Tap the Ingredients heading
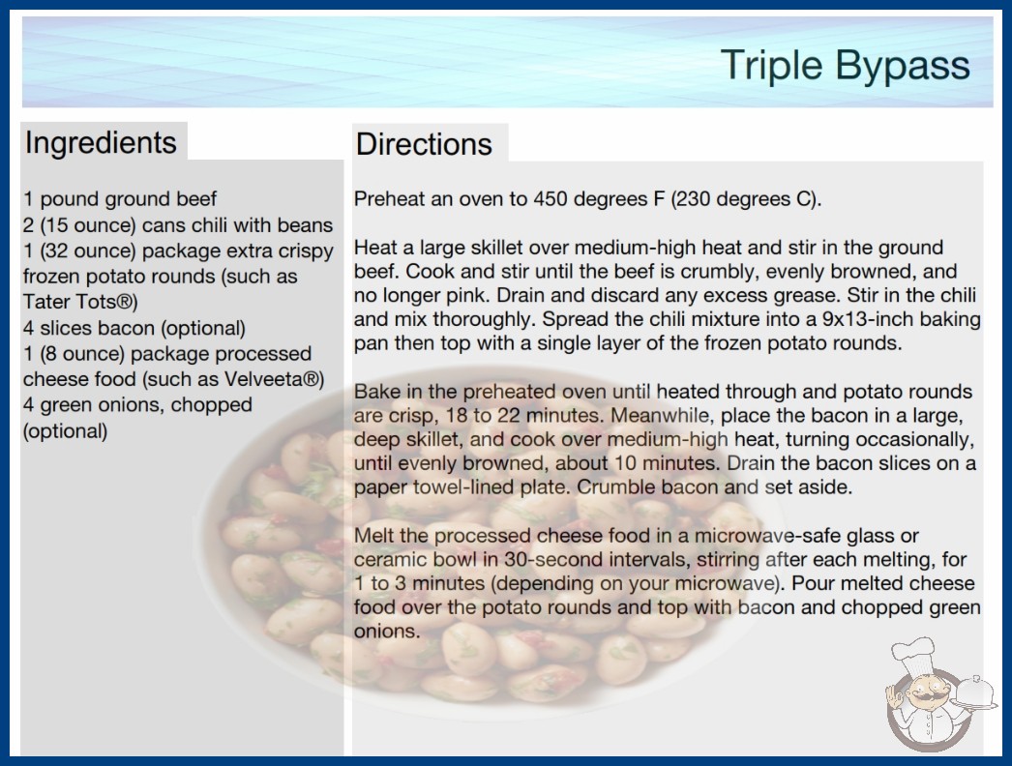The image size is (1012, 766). click(101, 142)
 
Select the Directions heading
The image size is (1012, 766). click(424, 144)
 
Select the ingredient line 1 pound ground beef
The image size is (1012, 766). click(120, 199)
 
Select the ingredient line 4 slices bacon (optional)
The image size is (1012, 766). click(134, 328)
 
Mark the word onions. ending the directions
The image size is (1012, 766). click(387, 632)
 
